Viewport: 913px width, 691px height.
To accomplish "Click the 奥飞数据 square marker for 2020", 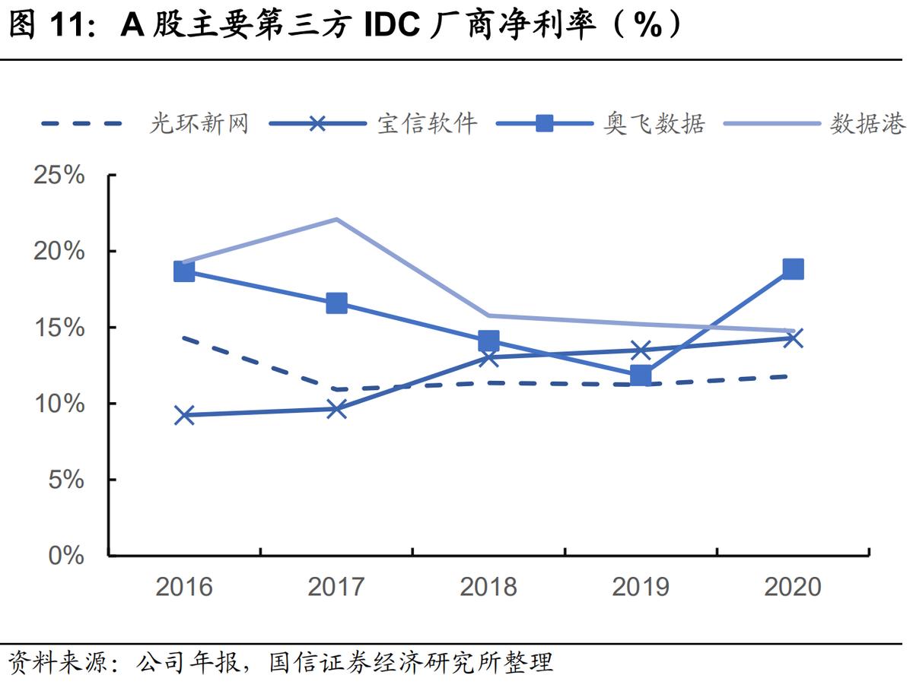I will pos(793,269).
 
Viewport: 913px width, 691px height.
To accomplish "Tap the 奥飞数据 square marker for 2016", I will pos(184,271).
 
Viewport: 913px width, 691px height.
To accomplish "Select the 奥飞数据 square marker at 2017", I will pos(336,303).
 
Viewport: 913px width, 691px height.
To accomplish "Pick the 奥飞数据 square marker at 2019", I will pos(641,376).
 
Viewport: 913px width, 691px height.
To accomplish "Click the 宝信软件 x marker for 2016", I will pos(184,415).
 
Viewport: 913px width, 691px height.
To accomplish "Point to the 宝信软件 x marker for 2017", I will pos(336,409).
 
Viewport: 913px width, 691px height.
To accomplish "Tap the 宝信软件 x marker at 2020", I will pos(793,338).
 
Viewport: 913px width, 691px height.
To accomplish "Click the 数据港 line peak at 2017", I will pos(336,219).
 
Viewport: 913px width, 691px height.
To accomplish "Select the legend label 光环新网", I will pos(199,123).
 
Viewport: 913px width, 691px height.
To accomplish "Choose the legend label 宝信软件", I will pos(427,123).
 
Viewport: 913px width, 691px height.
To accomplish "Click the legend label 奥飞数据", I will pos(654,123).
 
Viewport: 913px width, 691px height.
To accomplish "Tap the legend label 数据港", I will pos(867,123).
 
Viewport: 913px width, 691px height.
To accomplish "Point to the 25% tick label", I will pos(59,176).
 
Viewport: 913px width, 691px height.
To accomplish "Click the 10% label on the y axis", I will pos(59,404).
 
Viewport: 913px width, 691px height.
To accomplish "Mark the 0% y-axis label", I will pos(65,556).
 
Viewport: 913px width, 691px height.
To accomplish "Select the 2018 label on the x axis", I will pos(488,587).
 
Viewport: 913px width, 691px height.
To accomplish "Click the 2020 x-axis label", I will pos(793,587).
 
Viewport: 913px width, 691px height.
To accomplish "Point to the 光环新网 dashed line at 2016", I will pos(185,338).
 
